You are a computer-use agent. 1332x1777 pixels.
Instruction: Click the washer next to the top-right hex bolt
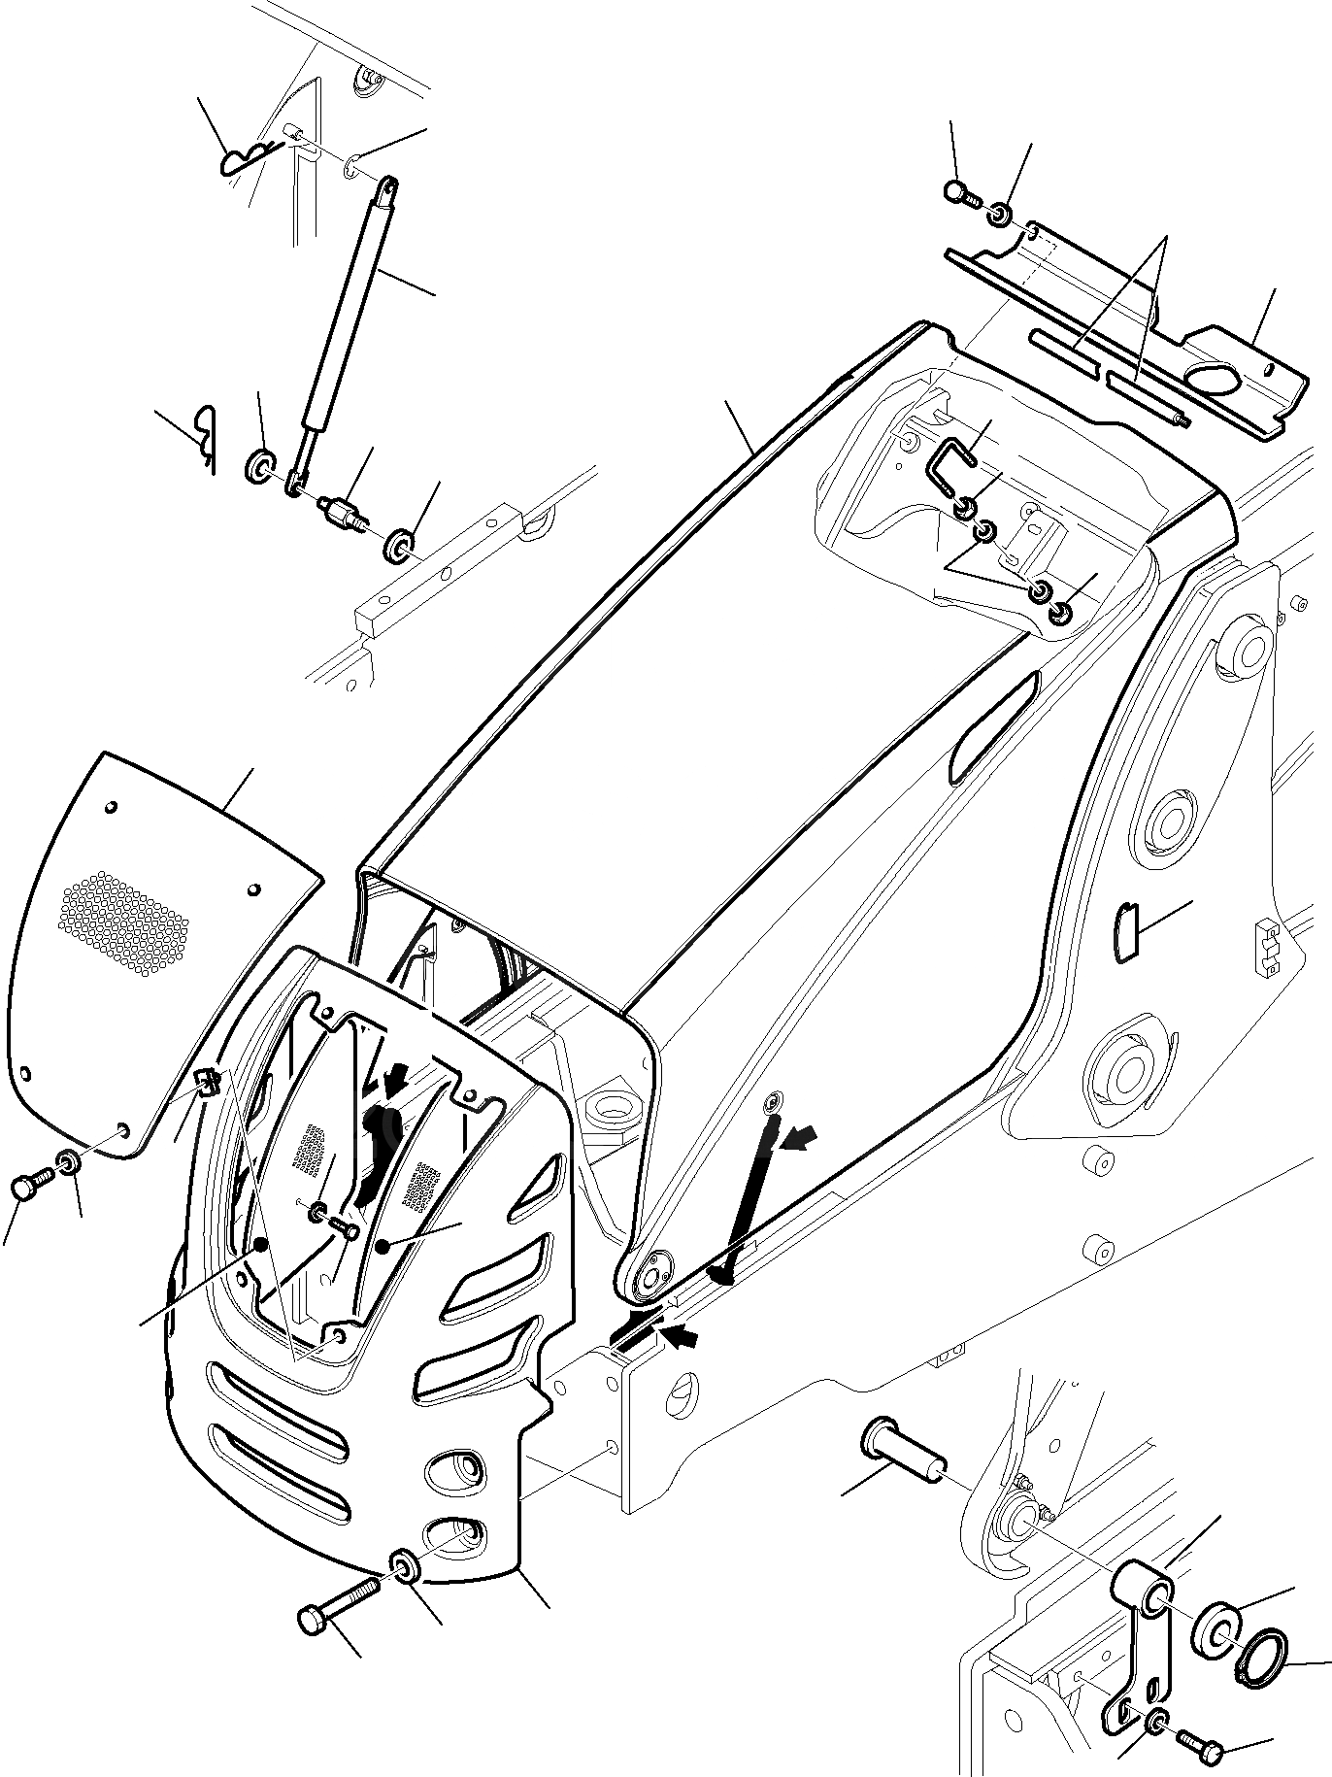tap(999, 213)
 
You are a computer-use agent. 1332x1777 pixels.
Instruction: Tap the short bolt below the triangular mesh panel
tap(27, 1187)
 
